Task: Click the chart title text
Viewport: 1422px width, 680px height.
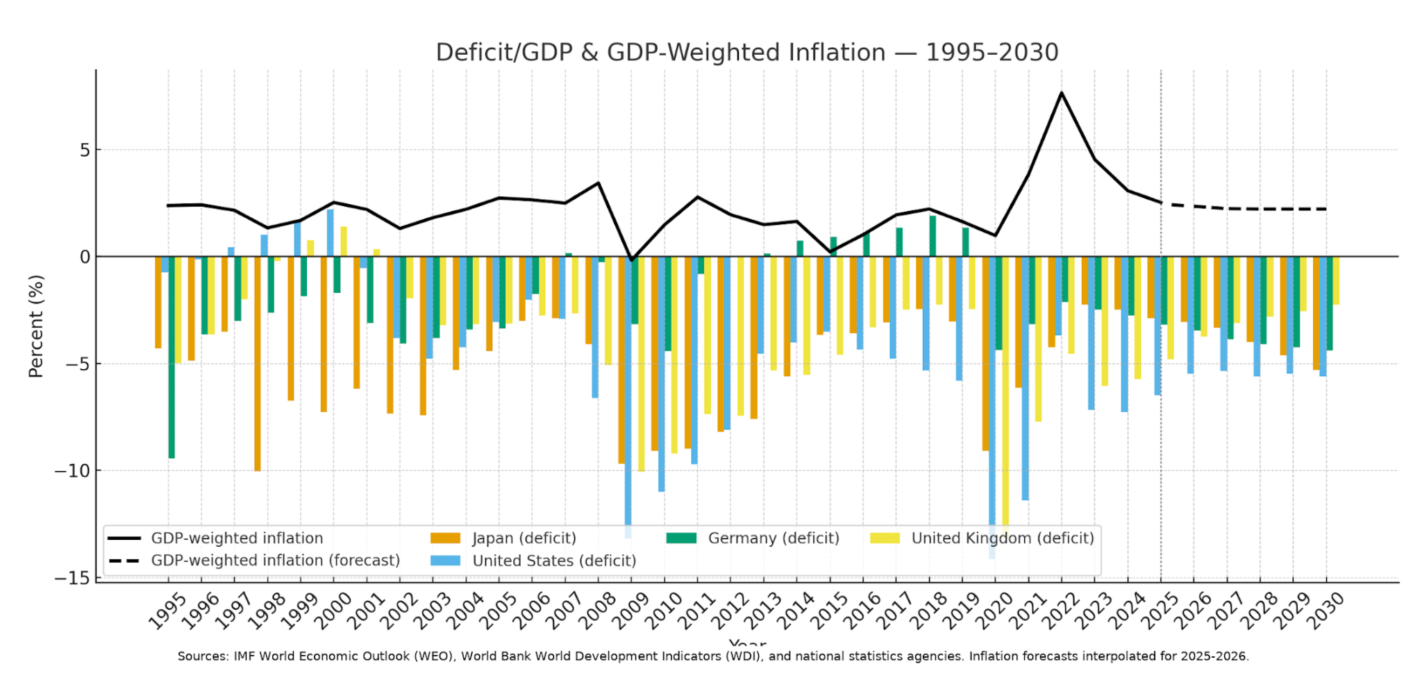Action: click(x=746, y=53)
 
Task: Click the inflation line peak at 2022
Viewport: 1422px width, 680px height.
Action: click(x=1061, y=93)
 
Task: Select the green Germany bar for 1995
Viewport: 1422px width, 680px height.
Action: click(x=172, y=357)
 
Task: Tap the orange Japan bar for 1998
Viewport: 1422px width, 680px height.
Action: click(x=258, y=364)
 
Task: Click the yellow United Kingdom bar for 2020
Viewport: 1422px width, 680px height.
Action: click(x=1005, y=389)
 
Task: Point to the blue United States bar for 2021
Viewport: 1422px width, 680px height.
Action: click(x=1025, y=378)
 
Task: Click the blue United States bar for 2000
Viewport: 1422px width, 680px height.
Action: click(x=331, y=233)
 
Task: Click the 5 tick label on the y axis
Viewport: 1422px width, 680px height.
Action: click(x=85, y=150)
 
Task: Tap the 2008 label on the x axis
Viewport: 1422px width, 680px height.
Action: click(x=598, y=611)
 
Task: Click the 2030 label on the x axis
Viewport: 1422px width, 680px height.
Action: click(x=1325, y=611)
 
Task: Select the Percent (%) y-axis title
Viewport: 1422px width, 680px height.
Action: click(x=36, y=326)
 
